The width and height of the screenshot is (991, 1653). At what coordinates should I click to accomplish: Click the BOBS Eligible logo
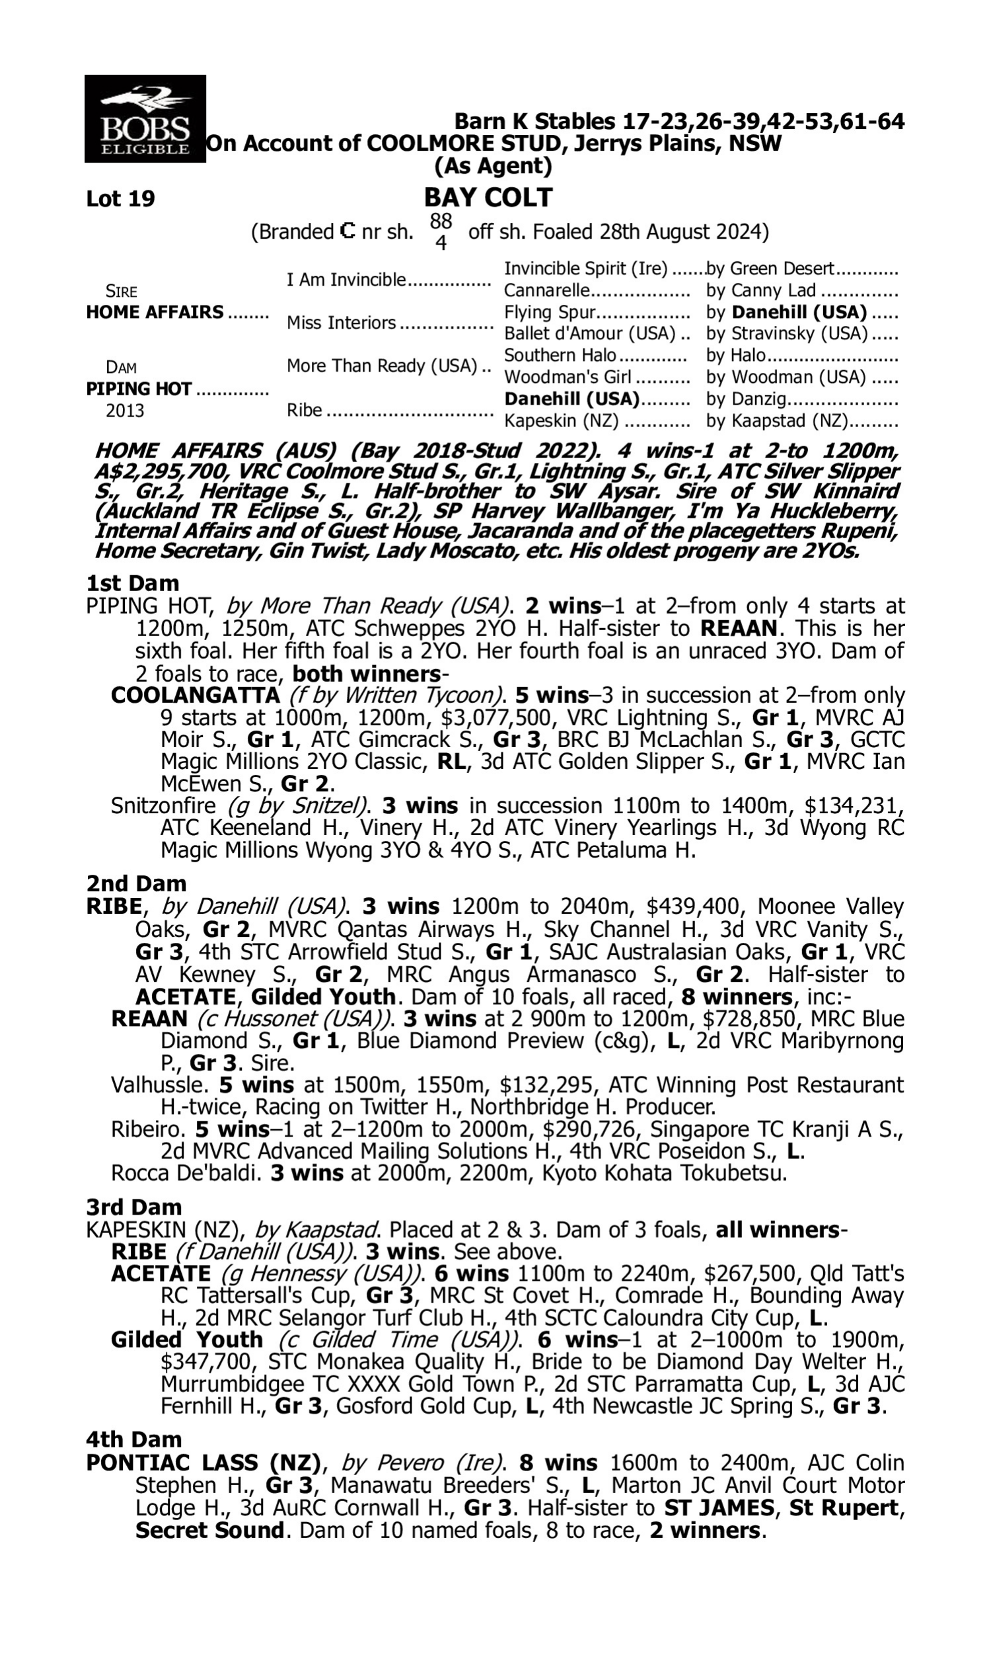tap(145, 119)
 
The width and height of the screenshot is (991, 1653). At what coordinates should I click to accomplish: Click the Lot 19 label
tap(120, 199)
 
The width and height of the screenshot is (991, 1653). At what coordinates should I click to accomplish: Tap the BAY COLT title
tap(488, 198)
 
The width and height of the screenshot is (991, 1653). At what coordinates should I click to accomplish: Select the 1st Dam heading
tap(132, 583)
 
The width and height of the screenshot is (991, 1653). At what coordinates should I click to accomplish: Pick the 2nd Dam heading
tap(135, 883)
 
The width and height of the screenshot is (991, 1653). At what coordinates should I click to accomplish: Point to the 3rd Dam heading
tap(133, 1207)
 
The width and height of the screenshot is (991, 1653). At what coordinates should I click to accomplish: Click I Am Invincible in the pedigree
tap(346, 279)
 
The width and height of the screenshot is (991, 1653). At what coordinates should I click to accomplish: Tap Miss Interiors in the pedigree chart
tap(342, 323)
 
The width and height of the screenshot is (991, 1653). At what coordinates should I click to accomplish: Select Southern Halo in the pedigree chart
tap(560, 355)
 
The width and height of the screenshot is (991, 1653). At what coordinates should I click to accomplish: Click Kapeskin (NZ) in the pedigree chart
tap(561, 421)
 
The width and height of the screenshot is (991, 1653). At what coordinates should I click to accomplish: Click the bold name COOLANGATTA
tap(195, 696)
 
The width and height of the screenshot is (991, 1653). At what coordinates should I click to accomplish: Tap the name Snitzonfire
tap(163, 806)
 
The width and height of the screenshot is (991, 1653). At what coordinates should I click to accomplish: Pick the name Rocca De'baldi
tap(186, 1172)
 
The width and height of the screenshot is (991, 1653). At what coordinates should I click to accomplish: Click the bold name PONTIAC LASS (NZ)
tap(203, 1463)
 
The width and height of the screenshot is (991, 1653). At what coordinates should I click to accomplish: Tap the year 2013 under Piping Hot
tap(125, 410)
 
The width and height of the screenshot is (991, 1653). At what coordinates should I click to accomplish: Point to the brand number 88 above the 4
tap(441, 221)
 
